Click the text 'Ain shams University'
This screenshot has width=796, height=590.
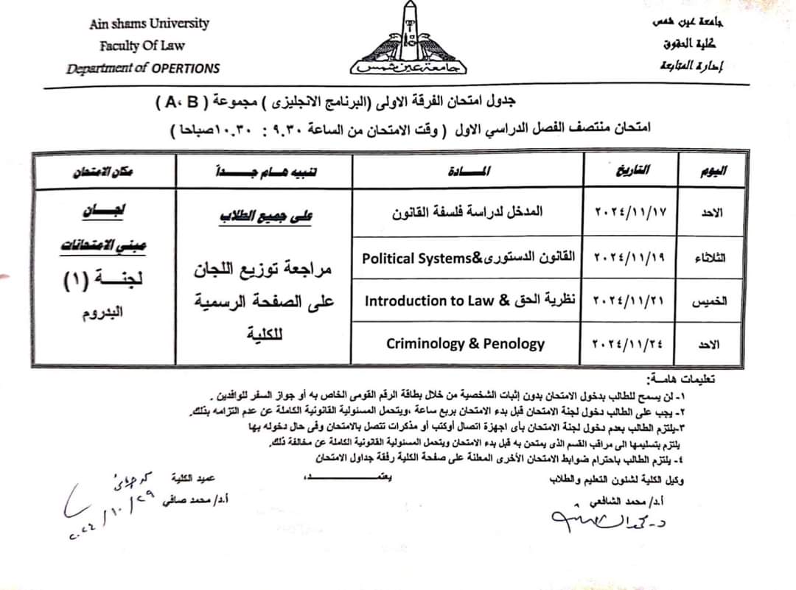[x=150, y=24]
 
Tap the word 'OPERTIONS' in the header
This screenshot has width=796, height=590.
[x=186, y=69]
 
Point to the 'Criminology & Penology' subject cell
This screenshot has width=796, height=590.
[x=465, y=343]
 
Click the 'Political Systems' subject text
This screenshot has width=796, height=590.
[x=416, y=258]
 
